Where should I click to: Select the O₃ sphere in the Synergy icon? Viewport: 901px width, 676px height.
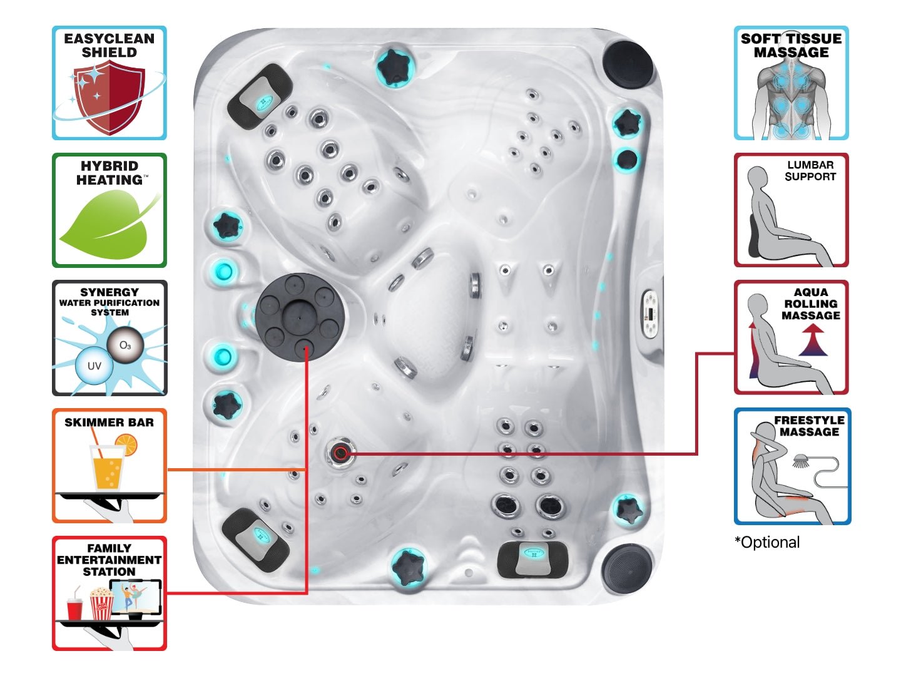click(x=125, y=345)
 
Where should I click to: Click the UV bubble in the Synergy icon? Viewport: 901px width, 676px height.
click(x=94, y=366)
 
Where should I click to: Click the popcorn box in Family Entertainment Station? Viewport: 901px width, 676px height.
click(x=101, y=604)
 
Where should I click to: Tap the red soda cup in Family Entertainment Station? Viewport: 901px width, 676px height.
click(x=75, y=607)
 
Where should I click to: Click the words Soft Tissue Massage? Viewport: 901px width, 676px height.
click(x=791, y=46)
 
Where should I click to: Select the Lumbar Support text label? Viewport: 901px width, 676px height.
click(x=810, y=171)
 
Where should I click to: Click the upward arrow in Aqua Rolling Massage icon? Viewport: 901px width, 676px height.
click(x=813, y=342)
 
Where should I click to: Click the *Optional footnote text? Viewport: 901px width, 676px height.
click(x=767, y=543)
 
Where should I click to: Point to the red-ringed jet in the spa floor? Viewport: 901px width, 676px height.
click(x=341, y=453)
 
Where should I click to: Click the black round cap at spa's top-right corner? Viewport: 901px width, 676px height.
click(x=628, y=61)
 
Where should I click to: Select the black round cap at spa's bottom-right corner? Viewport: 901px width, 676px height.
click(x=627, y=568)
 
